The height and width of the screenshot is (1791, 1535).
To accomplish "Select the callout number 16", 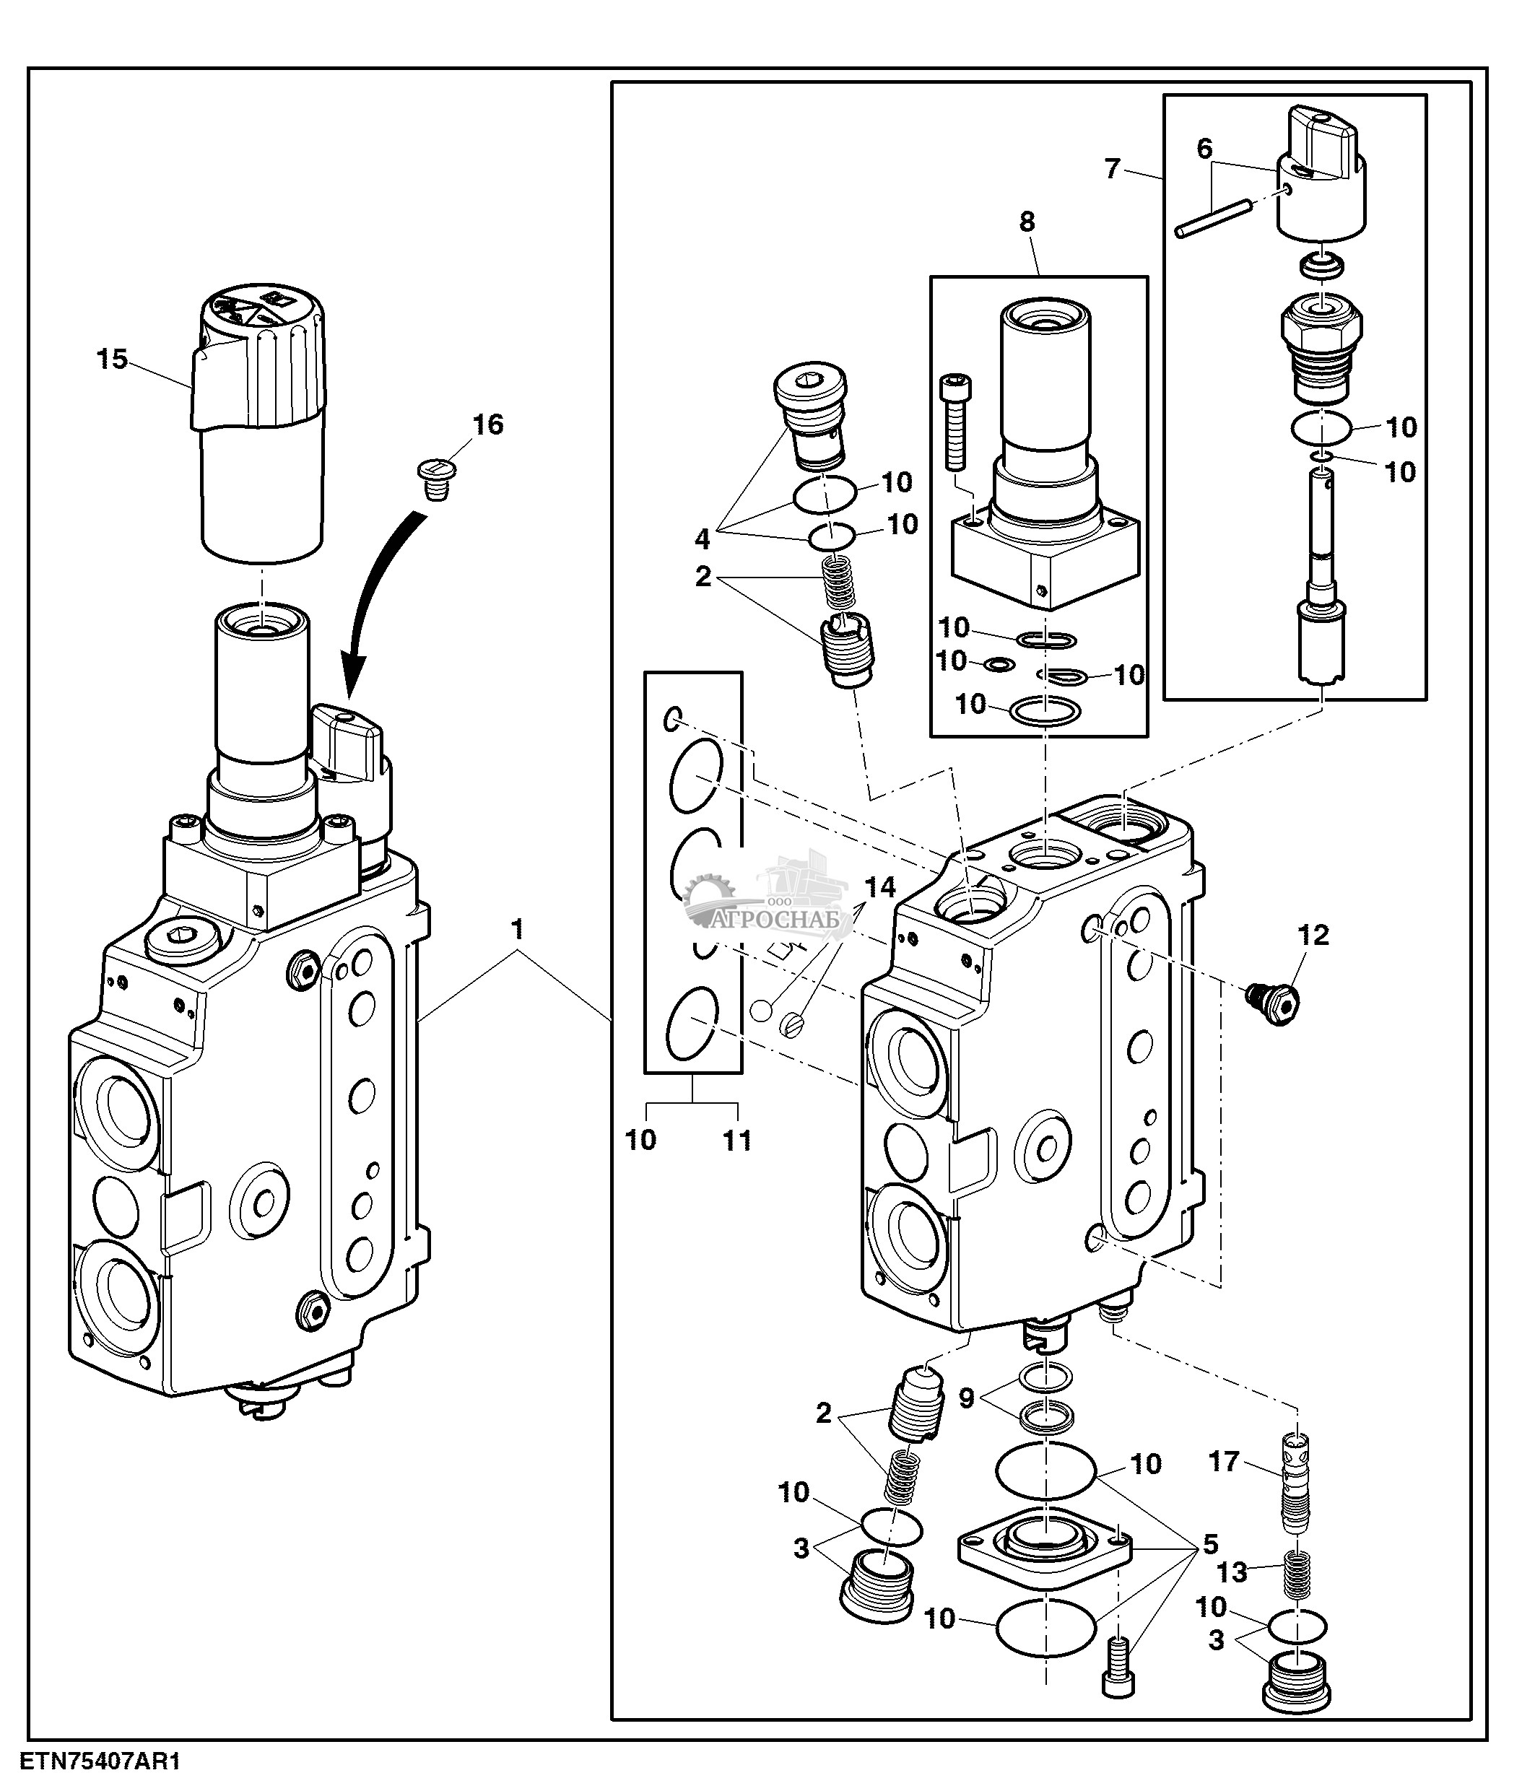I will click(487, 424).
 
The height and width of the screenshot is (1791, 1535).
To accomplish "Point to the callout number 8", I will click(1027, 222).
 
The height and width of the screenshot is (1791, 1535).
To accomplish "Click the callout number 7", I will click(1113, 168).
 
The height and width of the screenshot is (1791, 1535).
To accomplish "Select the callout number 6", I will click(1204, 149).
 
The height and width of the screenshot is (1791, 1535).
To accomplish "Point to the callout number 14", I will click(881, 887).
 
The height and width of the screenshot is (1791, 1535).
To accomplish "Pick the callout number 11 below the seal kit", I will click(737, 1141).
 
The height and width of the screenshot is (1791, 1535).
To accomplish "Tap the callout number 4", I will click(702, 539).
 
